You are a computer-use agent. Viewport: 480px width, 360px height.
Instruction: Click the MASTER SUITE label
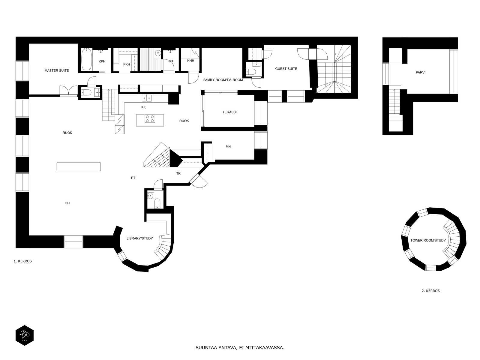tap(57, 70)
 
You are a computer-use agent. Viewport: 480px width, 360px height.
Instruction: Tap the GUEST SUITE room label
tap(286, 69)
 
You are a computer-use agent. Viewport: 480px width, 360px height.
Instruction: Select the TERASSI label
tap(229, 112)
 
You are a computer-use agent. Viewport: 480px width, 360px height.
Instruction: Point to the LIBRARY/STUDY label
tap(139, 238)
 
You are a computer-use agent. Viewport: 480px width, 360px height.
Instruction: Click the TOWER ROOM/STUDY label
tap(428, 240)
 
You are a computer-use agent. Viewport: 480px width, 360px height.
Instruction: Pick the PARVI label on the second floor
tap(421, 72)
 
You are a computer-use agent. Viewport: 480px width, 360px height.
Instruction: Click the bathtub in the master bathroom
tap(86, 59)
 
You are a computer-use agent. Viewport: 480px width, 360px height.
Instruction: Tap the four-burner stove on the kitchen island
tap(150, 119)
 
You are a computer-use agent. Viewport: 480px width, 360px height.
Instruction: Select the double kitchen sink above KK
tap(146, 98)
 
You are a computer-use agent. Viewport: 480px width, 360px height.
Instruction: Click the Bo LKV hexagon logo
tap(25, 335)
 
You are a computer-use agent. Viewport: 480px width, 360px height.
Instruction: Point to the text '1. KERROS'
tap(23, 261)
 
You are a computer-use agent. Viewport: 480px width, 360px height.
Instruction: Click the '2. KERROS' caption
tap(430, 291)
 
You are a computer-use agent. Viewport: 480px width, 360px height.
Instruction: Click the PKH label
tap(127, 64)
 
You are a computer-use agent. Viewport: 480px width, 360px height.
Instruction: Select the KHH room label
tap(191, 61)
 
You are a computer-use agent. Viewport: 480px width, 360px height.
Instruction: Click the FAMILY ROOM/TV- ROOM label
tap(223, 80)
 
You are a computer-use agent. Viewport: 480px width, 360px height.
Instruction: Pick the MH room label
tap(228, 147)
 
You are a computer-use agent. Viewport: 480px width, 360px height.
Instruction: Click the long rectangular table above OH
tap(79, 167)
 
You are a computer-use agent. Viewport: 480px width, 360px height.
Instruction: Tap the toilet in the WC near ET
tap(157, 203)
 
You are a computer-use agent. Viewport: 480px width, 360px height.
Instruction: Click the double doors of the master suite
tap(69, 90)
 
